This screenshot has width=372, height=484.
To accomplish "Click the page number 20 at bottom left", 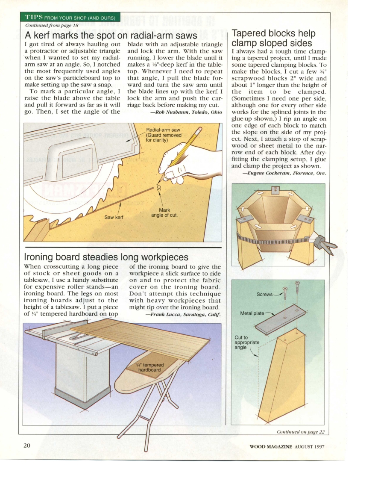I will pos(26,446).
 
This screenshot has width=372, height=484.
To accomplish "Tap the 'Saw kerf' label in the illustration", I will pos(114,217).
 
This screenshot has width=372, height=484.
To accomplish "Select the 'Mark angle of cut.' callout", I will pos(164,212).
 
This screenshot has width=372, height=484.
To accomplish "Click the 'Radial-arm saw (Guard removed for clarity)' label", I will pos(164,135).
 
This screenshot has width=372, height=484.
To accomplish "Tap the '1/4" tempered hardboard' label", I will pos(149,367).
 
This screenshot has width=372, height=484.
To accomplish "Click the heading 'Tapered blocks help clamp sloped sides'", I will pos(273,38).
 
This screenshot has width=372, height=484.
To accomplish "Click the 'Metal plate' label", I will pos(252,313).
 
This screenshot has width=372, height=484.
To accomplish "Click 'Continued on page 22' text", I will pos(301,431).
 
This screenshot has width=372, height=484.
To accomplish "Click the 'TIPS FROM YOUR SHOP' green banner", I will pos(70,18).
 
